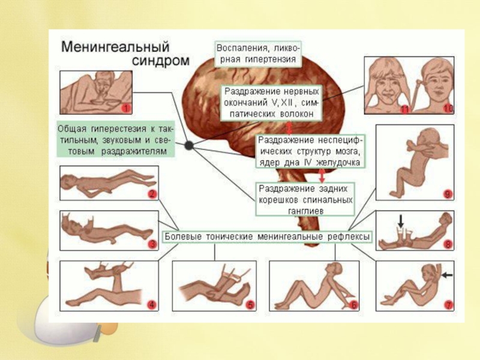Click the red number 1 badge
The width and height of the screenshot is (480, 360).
coord(125,109)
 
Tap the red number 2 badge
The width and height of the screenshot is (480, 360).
coord(152,194)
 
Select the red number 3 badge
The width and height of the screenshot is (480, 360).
coord(152,244)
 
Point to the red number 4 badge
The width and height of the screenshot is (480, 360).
coord(152,305)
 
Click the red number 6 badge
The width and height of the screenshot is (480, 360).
coord(354,305)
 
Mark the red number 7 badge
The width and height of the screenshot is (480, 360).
coord(448,305)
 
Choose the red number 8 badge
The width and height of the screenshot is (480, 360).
coord(448,245)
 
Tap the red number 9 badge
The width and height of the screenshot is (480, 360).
coord(448,194)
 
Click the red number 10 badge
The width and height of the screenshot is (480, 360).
coord(447,109)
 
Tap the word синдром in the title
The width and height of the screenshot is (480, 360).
coord(160,61)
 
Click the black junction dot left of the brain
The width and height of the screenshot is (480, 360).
coord(189,145)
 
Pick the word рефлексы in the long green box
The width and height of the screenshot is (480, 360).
coord(350,237)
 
